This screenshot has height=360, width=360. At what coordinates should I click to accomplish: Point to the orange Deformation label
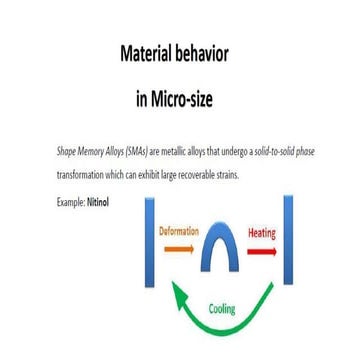coord(179,232)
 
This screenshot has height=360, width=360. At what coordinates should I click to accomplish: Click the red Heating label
coord(262,233)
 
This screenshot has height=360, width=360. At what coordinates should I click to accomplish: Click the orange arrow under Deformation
coord(177,250)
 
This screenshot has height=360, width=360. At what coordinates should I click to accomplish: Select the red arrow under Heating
coord(261,251)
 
